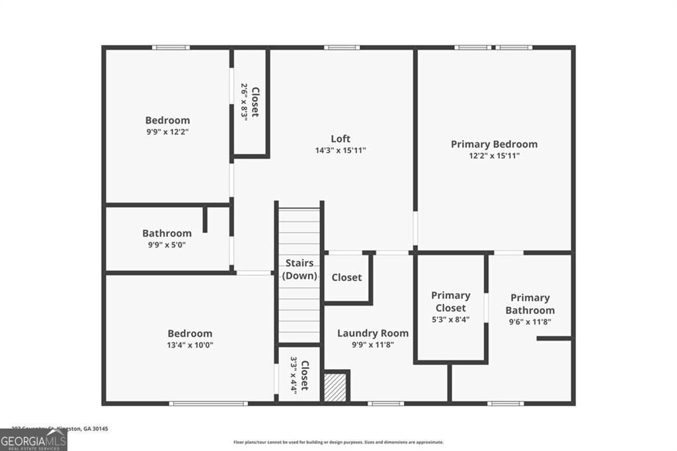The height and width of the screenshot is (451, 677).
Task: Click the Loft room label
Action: click(340, 138)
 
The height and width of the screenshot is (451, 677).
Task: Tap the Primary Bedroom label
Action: click(494, 144)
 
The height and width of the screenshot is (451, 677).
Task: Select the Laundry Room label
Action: click(373, 333)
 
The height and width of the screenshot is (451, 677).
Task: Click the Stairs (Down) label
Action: click(299, 270)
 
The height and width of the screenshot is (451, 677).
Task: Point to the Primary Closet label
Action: click(451, 302)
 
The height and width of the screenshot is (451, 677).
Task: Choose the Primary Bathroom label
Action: click(530, 304)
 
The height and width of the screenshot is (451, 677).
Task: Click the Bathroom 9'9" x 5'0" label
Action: click(167, 233)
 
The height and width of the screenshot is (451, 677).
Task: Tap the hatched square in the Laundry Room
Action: click(335, 386)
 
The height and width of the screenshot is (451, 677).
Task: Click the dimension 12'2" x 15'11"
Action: click(494, 156)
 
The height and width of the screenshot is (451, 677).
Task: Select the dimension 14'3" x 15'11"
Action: click(340, 150)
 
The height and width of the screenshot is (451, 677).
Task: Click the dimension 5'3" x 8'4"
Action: click(451, 320)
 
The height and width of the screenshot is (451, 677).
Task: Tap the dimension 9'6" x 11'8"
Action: click(530, 322)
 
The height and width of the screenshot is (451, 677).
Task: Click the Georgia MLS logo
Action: click(33, 440)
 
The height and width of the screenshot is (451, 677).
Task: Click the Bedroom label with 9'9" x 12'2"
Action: click(167, 120)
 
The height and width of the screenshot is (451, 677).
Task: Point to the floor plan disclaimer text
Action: click(338, 442)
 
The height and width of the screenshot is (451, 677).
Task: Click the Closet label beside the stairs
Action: click(346, 277)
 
